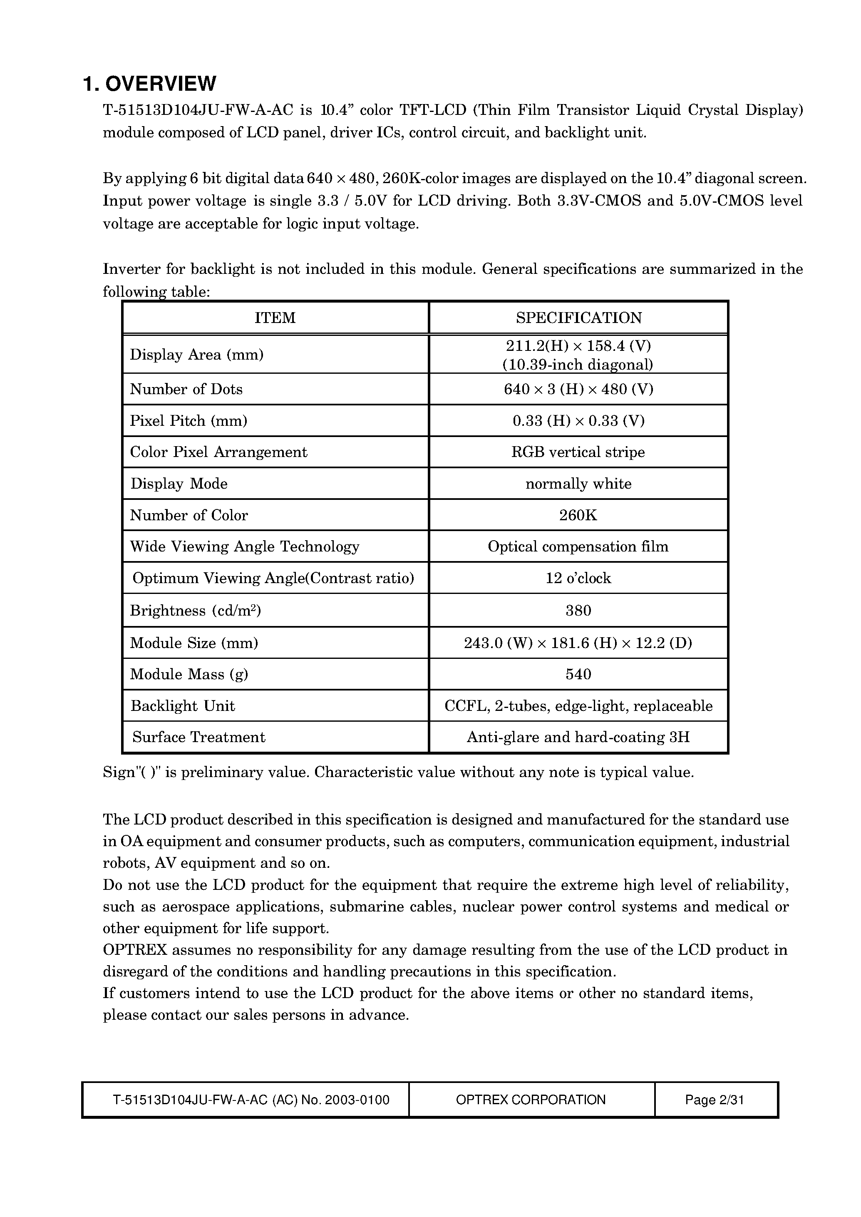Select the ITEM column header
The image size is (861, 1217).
point(275,318)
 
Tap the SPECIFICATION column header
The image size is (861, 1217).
point(578,318)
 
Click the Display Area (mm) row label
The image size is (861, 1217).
point(197,354)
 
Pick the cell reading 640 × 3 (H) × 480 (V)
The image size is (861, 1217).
point(578,389)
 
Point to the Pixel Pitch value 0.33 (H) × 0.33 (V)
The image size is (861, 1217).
point(578,420)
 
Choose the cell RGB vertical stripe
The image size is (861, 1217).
point(578,452)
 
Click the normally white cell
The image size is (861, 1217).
point(578,484)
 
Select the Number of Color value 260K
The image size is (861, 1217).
point(578,515)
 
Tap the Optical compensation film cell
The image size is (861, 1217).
point(578,546)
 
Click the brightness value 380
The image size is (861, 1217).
point(578,610)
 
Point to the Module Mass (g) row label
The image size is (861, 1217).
point(189,674)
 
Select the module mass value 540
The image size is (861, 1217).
point(578,674)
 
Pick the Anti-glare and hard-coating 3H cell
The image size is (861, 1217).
point(578,737)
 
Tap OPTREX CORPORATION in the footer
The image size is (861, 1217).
point(531,1100)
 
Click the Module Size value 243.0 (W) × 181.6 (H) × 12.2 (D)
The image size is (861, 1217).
point(578,643)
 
